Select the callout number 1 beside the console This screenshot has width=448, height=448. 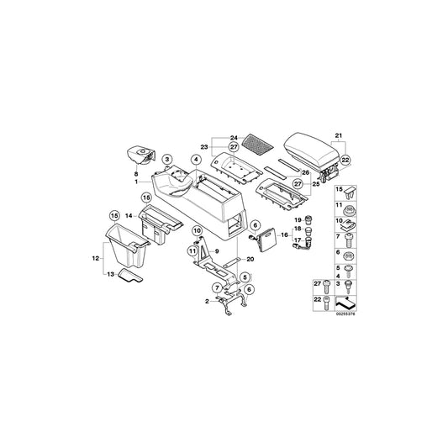[137, 182]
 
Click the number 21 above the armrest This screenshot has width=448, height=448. [339, 136]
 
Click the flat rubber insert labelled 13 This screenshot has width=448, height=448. [129, 278]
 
